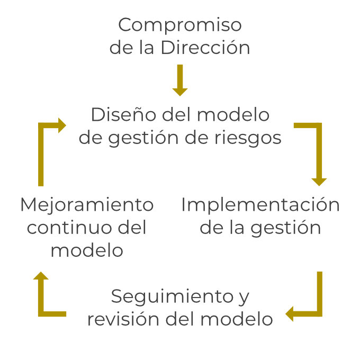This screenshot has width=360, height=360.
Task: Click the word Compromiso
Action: [180, 25]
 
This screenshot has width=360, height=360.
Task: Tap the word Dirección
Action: [205, 48]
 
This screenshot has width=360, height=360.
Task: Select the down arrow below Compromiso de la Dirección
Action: [180, 80]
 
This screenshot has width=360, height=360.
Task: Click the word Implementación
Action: [260, 205]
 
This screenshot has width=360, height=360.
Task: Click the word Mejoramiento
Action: [86, 205]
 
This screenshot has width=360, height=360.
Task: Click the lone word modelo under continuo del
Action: [86, 250]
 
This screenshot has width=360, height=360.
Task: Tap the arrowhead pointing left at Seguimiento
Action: [290, 314]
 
